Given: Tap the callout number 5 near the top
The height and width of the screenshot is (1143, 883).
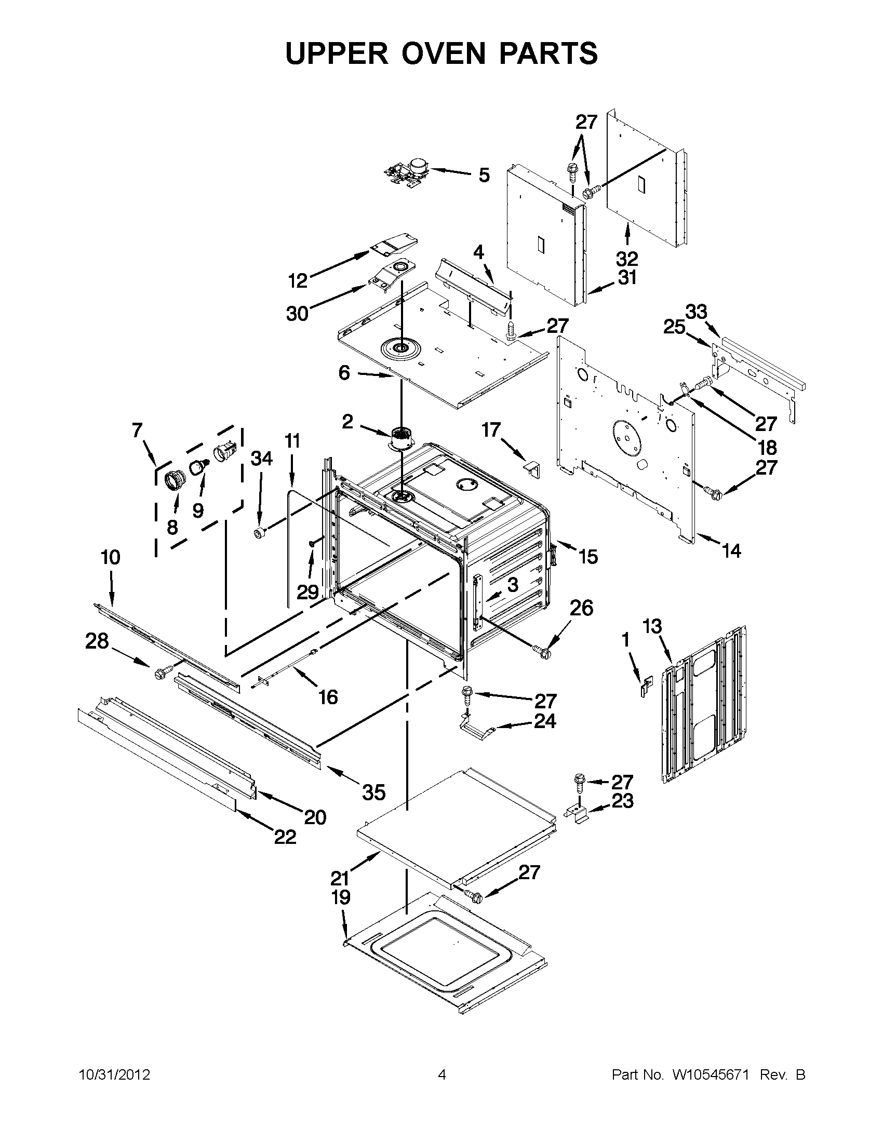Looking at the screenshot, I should point(484,176).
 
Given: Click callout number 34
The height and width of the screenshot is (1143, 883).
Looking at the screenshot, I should point(262,459).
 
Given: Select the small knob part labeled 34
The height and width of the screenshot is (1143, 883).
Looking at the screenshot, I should point(258,534).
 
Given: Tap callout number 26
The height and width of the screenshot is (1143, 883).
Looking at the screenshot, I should point(581,608).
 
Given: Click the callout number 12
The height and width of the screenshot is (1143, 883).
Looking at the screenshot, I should point(298,281).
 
